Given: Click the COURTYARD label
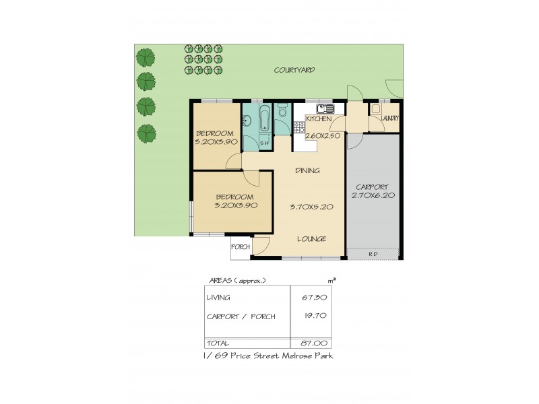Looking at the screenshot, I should [294, 70].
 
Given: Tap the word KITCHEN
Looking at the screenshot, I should [318, 119].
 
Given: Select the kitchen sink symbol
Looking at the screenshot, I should [325, 108].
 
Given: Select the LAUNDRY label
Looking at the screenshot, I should [389, 119].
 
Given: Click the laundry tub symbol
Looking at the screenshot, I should [375, 108].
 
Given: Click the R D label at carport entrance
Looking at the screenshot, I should [373, 253].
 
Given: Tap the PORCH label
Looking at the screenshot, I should [241, 247].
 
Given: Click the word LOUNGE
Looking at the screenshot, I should [312, 239].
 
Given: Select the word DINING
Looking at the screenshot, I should [307, 171].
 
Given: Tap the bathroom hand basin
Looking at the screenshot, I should [247, 122].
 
